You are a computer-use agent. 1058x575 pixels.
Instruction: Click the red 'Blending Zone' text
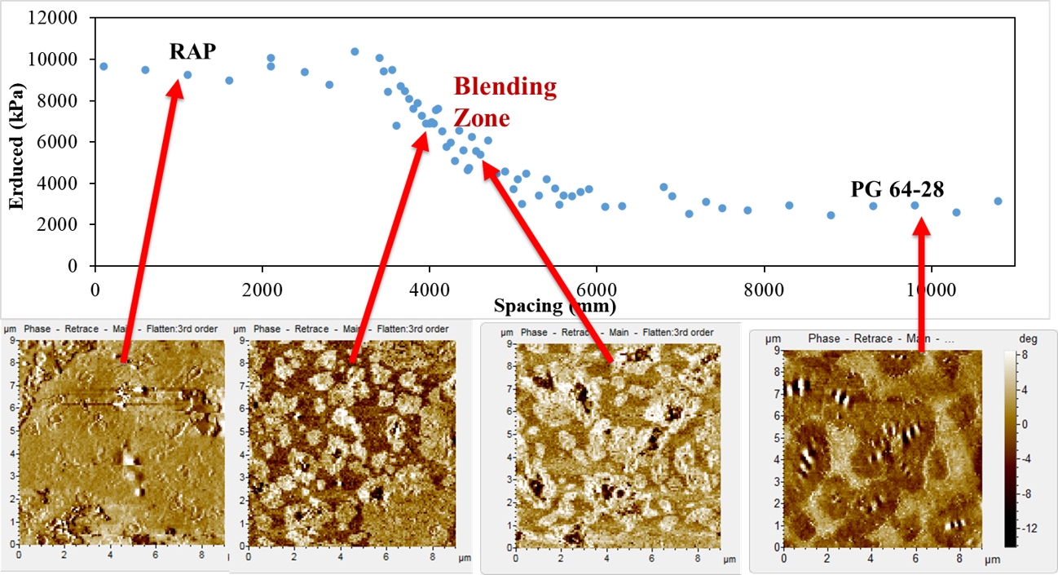tap(505, 102)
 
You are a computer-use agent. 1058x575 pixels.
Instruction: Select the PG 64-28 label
tap(897, 189)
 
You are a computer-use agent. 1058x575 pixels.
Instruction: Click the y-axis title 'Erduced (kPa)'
tap(17, 143)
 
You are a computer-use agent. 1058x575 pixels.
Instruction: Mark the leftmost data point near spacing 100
tap(104, 66)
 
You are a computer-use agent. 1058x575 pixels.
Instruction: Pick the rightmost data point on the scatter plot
tap(998, 201)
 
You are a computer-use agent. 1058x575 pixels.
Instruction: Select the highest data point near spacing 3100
tap(355, 51)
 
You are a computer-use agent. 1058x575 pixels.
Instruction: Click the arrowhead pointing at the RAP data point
tap(174, 86)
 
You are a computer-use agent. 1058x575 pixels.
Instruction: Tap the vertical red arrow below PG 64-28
tap(922, 285)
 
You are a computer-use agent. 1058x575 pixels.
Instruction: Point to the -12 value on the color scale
tap(1029, 529)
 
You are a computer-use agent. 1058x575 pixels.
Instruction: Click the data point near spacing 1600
tap(229, 80)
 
